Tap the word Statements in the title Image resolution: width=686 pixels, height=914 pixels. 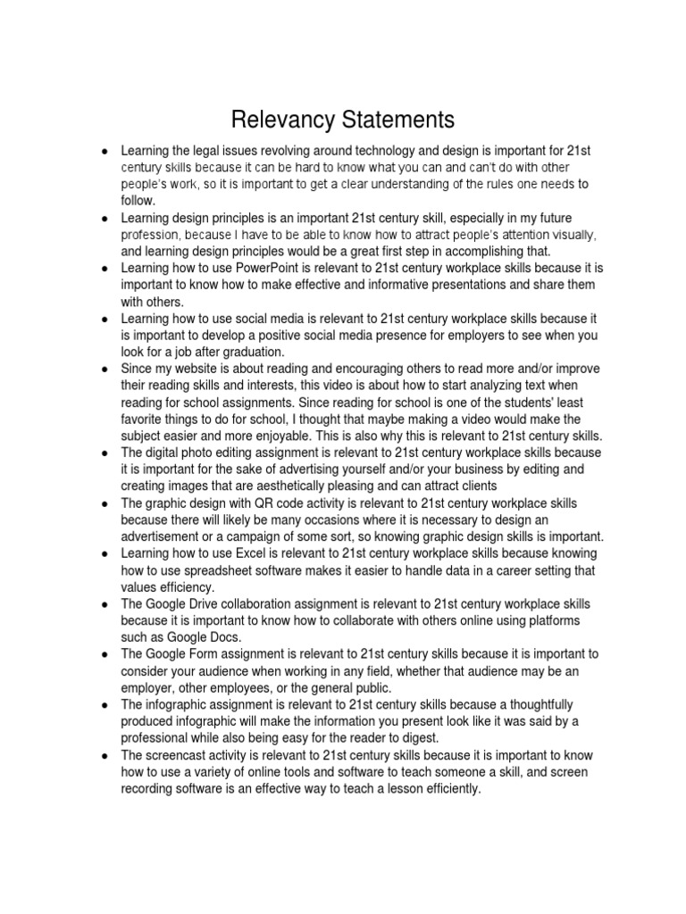click(397, 120)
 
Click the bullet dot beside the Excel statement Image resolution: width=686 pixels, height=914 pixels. click(106, 554)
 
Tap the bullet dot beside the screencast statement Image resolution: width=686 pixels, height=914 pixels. click(106, 756)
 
